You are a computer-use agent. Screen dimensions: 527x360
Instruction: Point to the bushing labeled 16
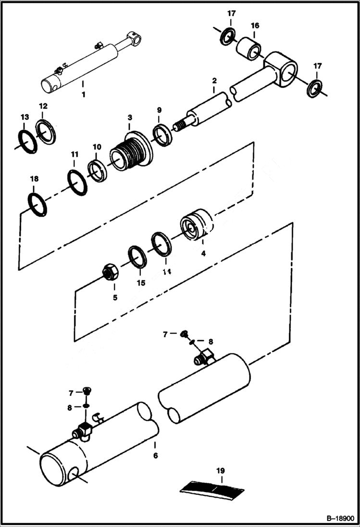coord(248,49)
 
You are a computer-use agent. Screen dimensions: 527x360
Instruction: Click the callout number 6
coord(155,455)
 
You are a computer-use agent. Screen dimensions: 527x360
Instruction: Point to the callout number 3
coord(129,117)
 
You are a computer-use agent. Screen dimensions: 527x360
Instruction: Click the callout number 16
coord(255,25)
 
